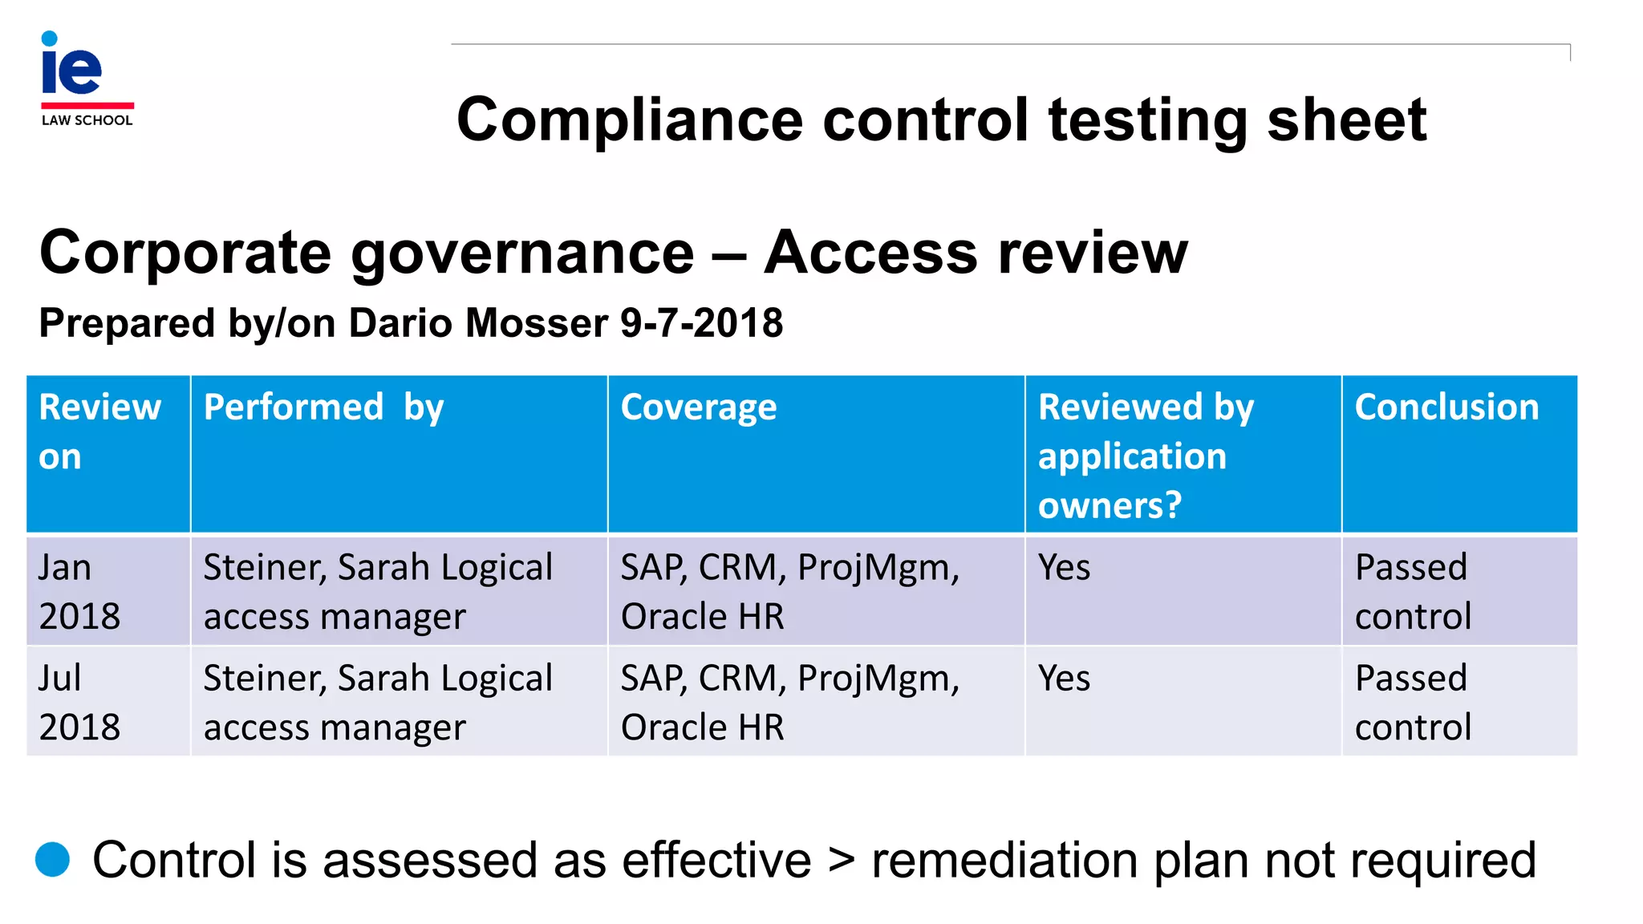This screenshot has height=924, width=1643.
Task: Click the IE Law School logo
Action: click(x=87, y=79)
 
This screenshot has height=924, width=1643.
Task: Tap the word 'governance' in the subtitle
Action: click(x=522, y=253)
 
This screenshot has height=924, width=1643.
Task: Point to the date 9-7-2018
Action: click(x=701, y=323)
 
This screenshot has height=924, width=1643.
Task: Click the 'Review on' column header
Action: click(x=99, y=432)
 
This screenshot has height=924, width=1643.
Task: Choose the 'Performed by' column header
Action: click(x=323, y=407)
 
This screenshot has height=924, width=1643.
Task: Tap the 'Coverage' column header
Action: click(x=698, y=407)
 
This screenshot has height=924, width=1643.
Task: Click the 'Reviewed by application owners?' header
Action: click(x=1145, y=456)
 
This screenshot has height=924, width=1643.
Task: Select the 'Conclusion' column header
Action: click(x=1446, y=407)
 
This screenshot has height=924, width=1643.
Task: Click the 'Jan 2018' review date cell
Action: click(x=79, y=591)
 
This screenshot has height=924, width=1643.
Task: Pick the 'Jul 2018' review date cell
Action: click(x=79, y=702)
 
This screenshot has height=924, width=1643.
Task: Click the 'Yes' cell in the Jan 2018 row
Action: click(x=1064, y=568)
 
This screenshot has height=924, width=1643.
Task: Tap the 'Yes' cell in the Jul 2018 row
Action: click(x=1064, y=679)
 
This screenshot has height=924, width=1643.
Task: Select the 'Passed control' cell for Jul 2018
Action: click(x=1412, y=702)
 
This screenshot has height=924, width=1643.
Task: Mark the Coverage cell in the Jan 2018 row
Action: click(x=789, y=591)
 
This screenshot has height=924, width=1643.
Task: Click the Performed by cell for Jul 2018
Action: click(x=378, y=702)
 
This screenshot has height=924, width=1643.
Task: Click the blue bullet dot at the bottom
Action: click(x=53, y=859)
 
